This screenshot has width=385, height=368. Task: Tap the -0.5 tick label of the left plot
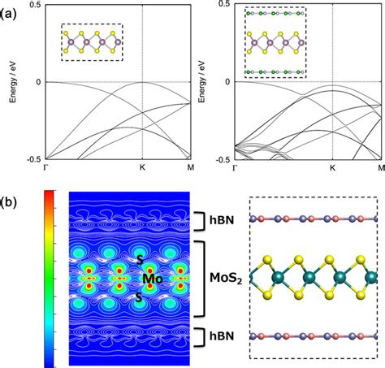[x=32, y=158]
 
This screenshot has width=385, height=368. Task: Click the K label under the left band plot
[x=143, y=168]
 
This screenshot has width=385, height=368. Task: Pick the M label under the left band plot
[x=190, y=168]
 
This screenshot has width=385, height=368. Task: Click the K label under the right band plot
[x=332, y=168]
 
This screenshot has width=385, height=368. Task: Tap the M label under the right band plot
[x=380, y=168]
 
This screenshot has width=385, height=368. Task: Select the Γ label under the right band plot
[x=236, y=168]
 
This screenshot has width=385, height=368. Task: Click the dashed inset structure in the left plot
[x=91, y=41]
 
